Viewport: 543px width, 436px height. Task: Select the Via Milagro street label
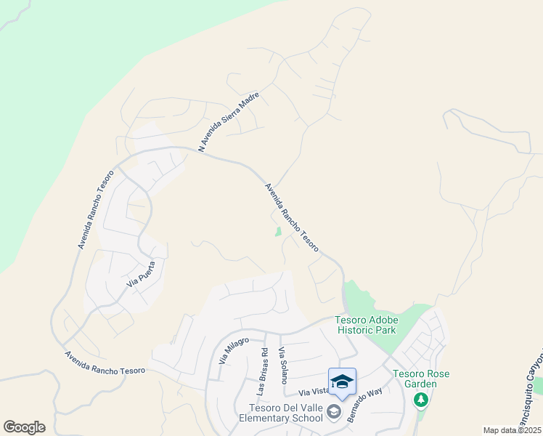234,350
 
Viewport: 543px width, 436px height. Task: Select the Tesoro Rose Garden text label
421,379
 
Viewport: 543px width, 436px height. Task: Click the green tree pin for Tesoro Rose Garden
420,400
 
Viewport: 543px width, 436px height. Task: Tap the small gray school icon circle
334,413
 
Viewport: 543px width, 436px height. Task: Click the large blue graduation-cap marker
342,381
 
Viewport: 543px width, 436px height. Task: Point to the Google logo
24,427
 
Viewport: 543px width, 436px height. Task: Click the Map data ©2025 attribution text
512,430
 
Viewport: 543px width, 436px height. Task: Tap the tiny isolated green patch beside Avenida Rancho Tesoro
278,233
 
